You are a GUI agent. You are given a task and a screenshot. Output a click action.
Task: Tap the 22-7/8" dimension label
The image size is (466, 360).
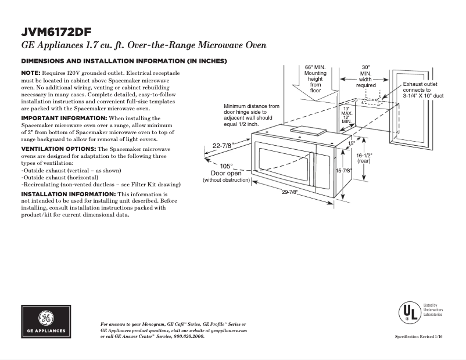[x=224, y=146]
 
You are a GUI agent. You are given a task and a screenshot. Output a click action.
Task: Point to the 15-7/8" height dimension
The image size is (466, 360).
[x=344, y=171]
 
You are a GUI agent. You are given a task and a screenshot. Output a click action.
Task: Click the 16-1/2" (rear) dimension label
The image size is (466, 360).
[x=364, y=159]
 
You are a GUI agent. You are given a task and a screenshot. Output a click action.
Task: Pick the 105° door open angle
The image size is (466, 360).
[x=226, y=165]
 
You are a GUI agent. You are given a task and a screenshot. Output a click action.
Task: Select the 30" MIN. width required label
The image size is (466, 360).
[x=366, y=76]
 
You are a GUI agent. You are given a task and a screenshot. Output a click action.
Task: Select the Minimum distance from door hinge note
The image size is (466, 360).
[x=251, y=116]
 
